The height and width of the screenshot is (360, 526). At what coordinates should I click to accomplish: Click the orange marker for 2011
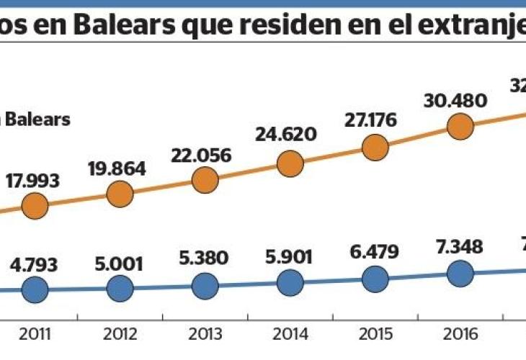coord(35,207)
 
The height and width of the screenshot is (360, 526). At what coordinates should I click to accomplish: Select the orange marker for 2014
coord(289,163)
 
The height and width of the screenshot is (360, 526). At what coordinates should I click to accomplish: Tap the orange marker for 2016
coord(460,127)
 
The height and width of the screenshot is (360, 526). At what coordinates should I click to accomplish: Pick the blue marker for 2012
coord(120,289)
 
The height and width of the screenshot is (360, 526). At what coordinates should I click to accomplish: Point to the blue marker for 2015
coord(375,279)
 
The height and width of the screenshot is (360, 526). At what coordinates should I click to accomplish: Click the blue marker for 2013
coord(205,286)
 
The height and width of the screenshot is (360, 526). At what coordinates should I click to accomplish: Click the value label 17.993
coord(35,181)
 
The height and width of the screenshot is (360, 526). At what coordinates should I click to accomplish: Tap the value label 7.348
coord(458,246)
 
